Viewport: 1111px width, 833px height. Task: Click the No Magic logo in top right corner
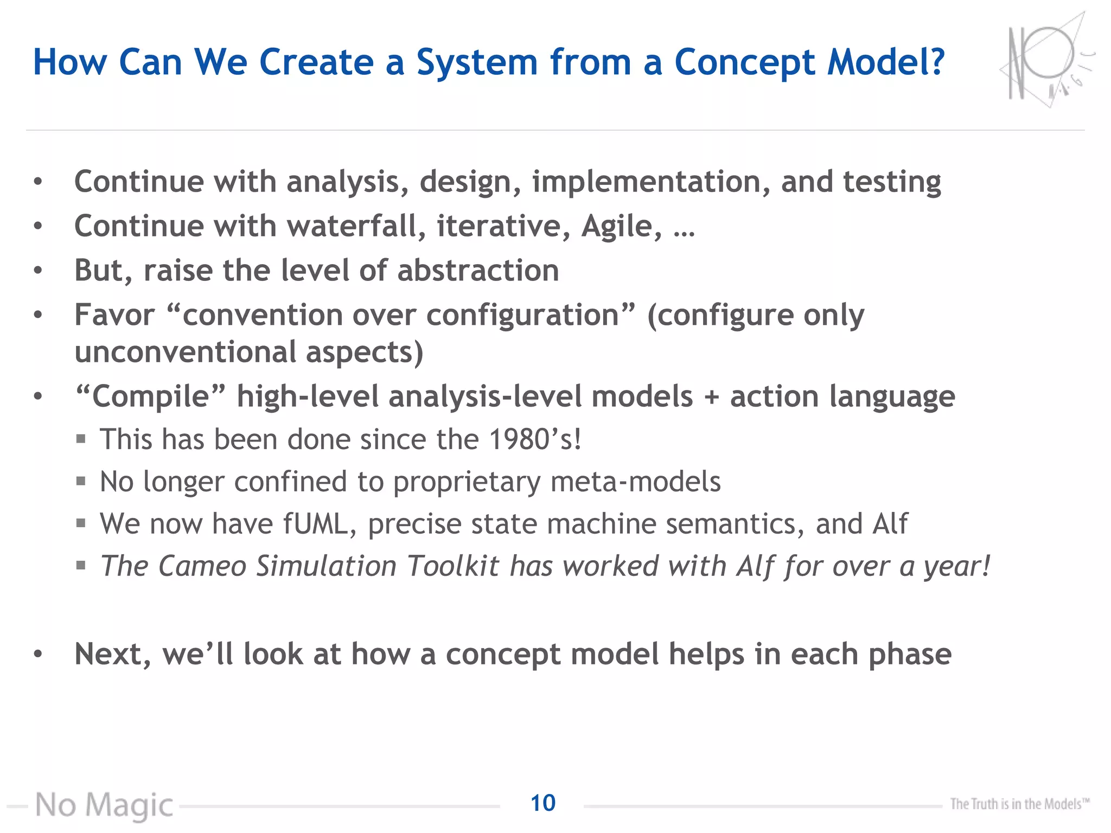coord(1045,61)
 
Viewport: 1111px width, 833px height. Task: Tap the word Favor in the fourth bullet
coord(114,315)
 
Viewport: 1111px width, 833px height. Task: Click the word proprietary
coord(467,482)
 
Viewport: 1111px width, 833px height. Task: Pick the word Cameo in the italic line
coord(202,566)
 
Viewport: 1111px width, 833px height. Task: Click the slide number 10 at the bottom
coord(542,803)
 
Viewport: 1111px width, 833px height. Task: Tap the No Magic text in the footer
coord(104,805)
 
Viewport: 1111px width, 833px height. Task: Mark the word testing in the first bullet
coord(892,182)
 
